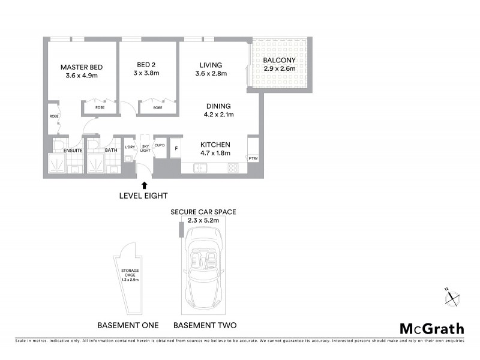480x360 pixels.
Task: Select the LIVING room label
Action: click(209, 65)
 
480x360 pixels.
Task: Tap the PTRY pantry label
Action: click(253, 158)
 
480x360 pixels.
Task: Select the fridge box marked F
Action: click(176, 148)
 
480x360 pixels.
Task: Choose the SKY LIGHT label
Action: click(145, 148)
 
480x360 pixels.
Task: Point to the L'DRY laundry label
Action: click(130, 147)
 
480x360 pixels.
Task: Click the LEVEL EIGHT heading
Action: click(143, 196)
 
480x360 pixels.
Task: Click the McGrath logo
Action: click(432, 328)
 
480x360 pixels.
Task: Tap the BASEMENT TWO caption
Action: click(205, 325)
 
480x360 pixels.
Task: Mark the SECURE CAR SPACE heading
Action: click(203, 212)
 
